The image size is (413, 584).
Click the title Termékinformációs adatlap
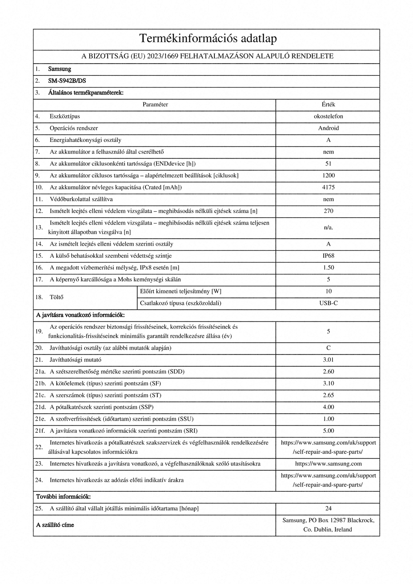[208, 39]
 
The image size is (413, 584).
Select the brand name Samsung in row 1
[60, 69]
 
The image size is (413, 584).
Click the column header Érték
[328, 105]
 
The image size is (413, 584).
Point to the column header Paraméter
[155, 105]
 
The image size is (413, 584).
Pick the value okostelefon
[328, 116]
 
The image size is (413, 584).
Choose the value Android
[328, 128]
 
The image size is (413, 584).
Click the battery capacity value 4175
[328, 187]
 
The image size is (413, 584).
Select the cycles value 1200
[328, 176]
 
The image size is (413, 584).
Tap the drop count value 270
[328, 211]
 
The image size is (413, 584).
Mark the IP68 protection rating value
[328, 256]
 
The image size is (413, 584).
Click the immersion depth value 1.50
[328, 267]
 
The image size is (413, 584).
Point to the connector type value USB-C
[328, 303]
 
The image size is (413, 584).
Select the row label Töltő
[57, 297]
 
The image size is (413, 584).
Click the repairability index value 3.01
[328, 360]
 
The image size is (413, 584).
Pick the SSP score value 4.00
[328, 407]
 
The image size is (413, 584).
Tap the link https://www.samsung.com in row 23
[328, 464]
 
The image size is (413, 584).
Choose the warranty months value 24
[328, 508]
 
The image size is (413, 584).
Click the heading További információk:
[63, 496]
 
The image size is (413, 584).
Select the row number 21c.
[41, 395]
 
